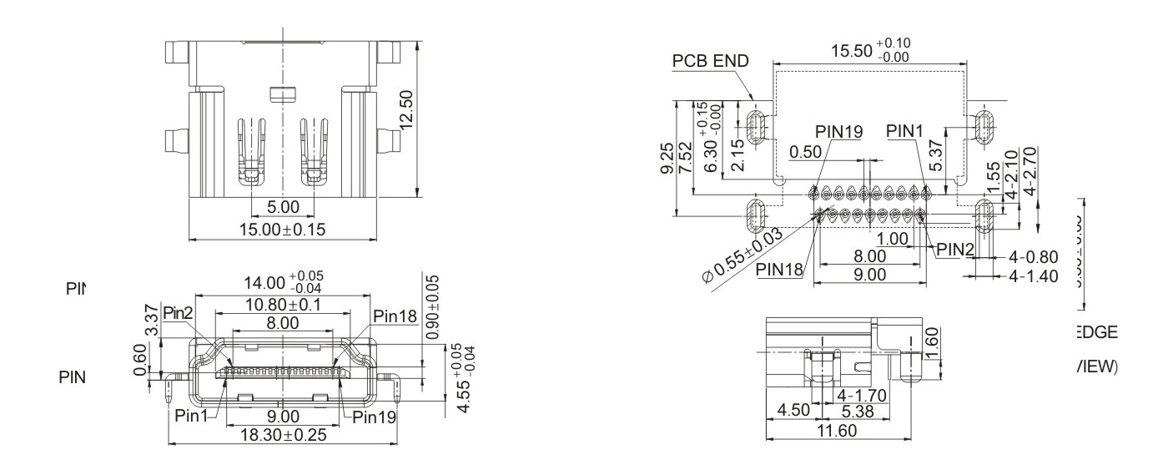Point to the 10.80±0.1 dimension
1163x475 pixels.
(283, 305)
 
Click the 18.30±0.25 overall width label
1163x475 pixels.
(283, 434)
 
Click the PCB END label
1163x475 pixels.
(712, 61)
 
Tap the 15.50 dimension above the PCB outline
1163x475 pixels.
(871, 50)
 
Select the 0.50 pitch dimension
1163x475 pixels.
(806, 154)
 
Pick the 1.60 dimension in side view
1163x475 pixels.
(934, 340)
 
